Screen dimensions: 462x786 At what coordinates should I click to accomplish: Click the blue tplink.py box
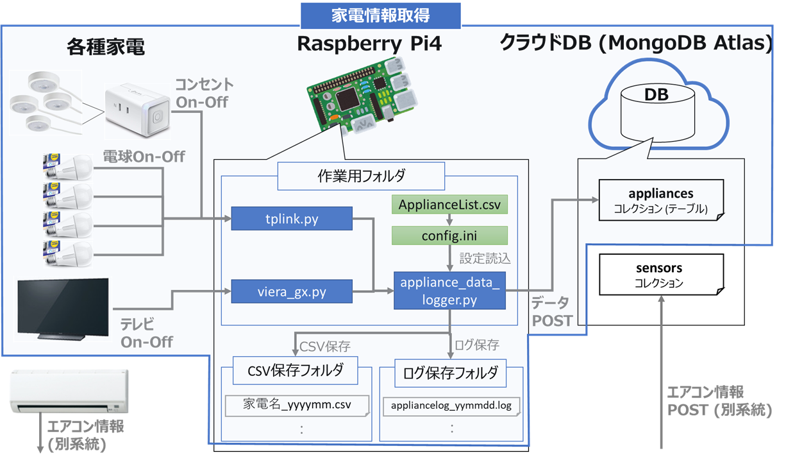292,219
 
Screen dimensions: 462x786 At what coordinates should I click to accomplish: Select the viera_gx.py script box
292,293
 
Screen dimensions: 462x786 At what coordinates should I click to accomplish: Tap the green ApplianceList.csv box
449,205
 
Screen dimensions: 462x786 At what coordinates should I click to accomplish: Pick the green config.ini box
449,235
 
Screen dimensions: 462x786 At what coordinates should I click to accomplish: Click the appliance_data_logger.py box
449,291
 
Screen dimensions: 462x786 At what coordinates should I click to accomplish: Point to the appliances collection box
660,200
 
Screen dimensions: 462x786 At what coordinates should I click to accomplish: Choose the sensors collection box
660,275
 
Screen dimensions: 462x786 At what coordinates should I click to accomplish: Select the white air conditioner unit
69,390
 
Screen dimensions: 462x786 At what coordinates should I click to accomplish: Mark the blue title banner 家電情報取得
381,16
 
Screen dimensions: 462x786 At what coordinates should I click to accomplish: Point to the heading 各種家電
105,46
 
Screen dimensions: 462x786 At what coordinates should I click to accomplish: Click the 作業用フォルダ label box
360,176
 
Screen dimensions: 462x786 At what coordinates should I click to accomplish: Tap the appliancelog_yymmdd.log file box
451,405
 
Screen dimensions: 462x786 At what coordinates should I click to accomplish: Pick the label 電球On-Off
144,156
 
